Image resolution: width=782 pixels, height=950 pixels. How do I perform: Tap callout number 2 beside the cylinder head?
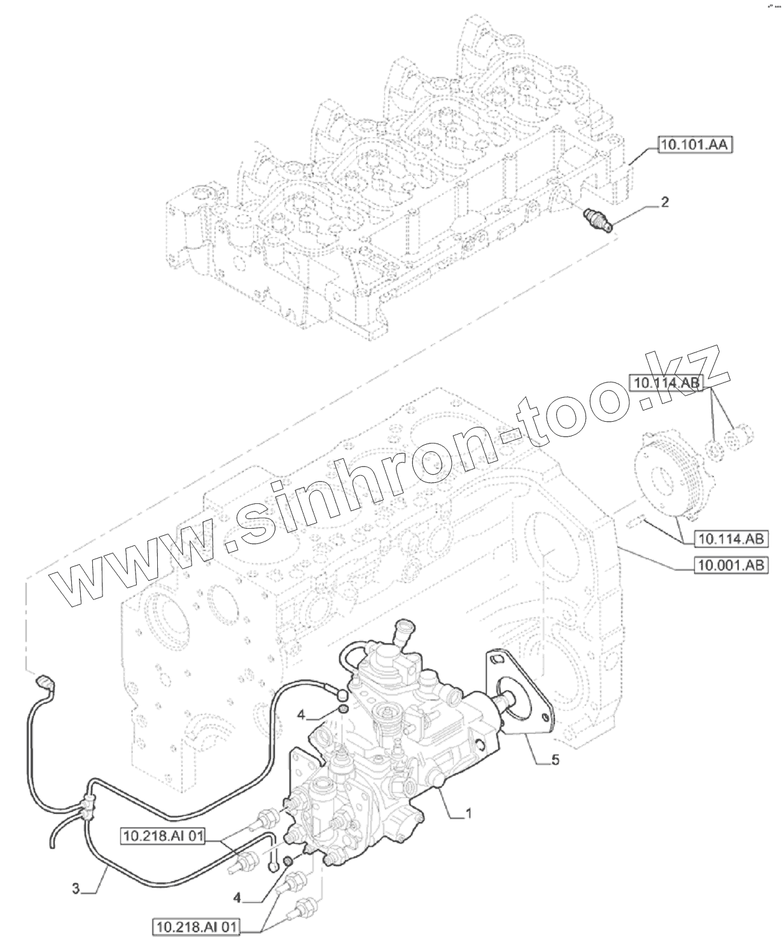[664, 203]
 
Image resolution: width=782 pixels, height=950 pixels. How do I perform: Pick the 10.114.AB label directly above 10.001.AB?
[732, 539]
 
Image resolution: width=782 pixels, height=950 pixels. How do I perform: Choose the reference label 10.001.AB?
[730, 564]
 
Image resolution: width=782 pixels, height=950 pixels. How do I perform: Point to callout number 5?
[555, 760]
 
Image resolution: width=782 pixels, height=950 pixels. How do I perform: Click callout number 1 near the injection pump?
[469, 813]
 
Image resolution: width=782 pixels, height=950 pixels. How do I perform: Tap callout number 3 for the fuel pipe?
[76, 889]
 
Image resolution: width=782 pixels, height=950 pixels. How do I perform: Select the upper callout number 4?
[302, 715]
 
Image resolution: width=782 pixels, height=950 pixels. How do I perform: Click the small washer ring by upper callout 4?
[342, 709]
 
